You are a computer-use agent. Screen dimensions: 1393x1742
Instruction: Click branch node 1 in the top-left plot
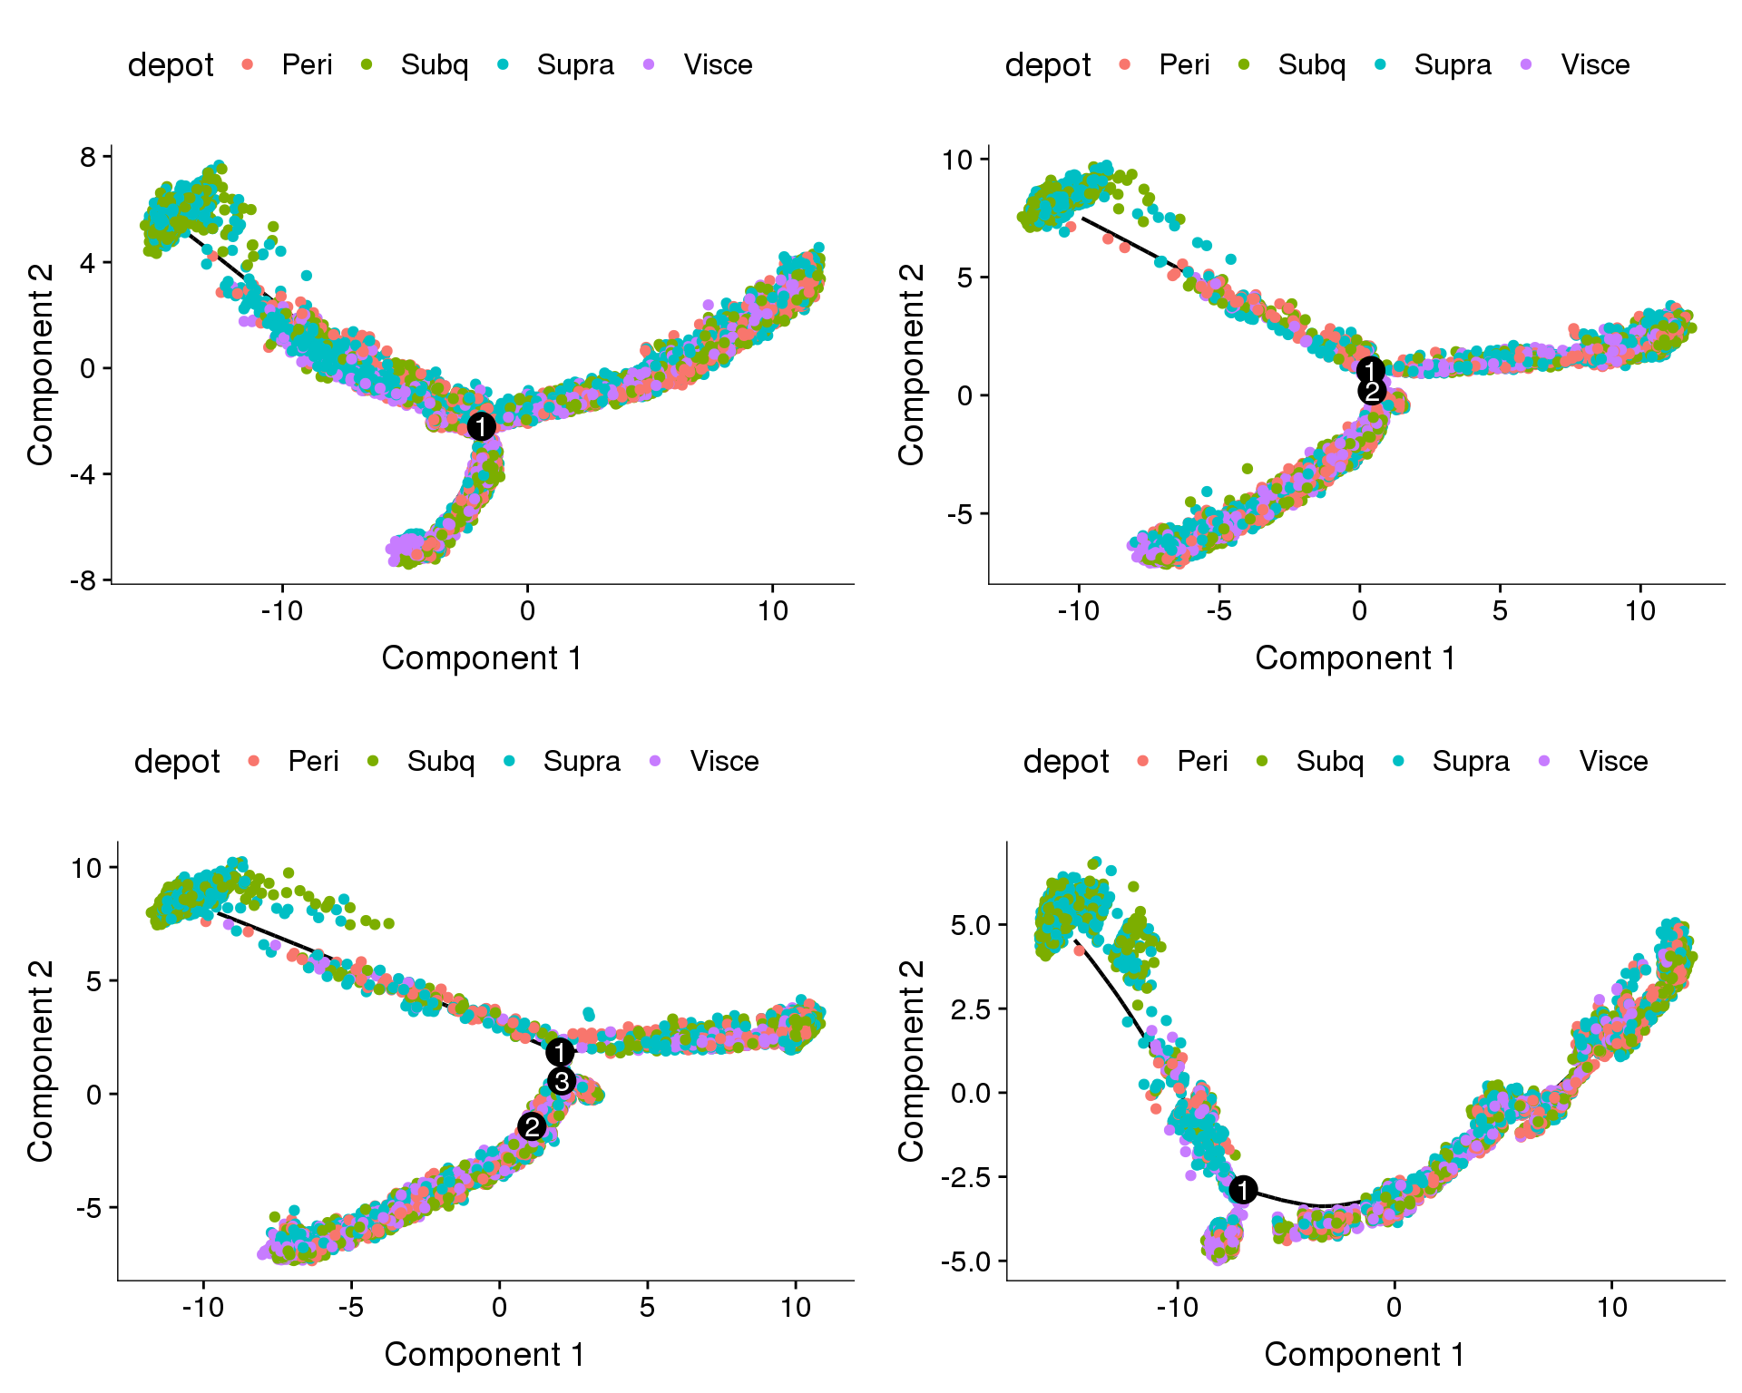[x=482, y=426]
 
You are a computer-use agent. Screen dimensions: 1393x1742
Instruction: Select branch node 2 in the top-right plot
[x=1372, y=392]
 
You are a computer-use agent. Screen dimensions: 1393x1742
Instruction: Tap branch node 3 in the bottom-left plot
[x=562, y=1081]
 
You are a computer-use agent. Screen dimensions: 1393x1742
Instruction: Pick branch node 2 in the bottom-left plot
[x=532, y=1126]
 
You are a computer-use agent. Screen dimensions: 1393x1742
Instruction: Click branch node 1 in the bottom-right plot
[x=1243, y=1190]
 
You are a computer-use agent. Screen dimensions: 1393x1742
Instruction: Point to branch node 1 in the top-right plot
[x=1370, y=370]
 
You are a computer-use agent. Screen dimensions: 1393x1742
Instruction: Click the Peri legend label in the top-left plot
[x=307, y=65]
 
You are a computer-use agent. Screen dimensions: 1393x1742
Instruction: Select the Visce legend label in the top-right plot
[x=1595, y=65]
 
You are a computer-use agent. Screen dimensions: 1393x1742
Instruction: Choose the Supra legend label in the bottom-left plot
[x=582, y=762]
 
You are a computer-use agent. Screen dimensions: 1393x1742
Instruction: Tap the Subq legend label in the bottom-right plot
[x=1329, y=762]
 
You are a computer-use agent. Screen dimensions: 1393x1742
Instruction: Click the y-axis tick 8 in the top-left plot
[x=87, y=157]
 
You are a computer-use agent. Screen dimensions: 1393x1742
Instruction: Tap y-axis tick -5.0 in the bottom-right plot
[x=966, y=1261]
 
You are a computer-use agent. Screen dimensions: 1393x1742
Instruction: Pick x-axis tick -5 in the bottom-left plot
[x=350, y=1308]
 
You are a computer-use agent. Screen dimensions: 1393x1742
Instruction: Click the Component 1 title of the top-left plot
[x=482, y=658]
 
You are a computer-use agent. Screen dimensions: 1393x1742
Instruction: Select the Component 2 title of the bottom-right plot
[x=911, y=1060]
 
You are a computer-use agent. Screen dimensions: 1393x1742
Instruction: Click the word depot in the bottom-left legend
[x=177, y=762]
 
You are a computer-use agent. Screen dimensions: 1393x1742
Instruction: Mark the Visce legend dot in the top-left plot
[x=649, y=64]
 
